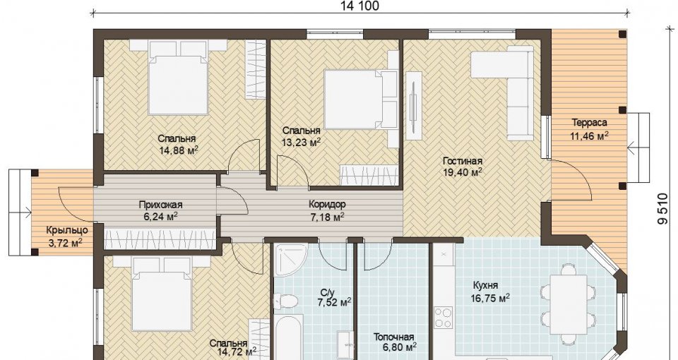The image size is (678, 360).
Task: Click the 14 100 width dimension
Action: coord(360,6)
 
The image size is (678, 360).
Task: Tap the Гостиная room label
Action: coord(462,161)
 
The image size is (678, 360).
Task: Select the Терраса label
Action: coord(589,122)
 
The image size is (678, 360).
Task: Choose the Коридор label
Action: coord(327,205)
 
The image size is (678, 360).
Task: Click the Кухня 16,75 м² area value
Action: coord(490,298)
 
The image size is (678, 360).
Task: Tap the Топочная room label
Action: coord(393,337)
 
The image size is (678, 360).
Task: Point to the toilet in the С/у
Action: coord(285,301)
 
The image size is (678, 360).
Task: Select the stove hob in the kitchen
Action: coord(443,318)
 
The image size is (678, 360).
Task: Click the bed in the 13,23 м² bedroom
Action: coord(361,100)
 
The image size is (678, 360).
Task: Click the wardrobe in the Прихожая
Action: coord(160,239)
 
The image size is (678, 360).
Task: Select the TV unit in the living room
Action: coord(413,105)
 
